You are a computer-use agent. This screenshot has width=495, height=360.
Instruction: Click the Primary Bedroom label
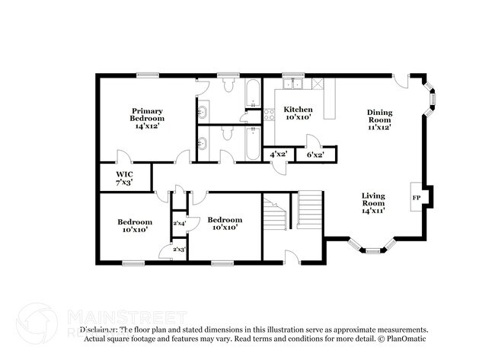(x=147, y=118)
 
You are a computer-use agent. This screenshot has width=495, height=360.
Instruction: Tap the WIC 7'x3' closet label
(x=124, y=178)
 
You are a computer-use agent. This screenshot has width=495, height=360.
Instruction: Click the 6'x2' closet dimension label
(x=315, y=155)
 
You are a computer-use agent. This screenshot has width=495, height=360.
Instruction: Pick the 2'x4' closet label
(x=179, y=223)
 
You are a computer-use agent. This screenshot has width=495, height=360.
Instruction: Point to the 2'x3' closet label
(x=179, y=249)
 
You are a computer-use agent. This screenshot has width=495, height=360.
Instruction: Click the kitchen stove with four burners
(x=269, y=115)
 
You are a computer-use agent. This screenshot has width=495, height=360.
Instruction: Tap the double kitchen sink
(x=293, y=84)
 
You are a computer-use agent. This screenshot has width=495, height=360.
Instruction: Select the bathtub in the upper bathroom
(x=253, y=95)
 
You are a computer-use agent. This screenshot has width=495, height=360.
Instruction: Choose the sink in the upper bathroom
(x=203, y=113)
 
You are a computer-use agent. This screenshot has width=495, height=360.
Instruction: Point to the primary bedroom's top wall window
(x=147, y=75)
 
